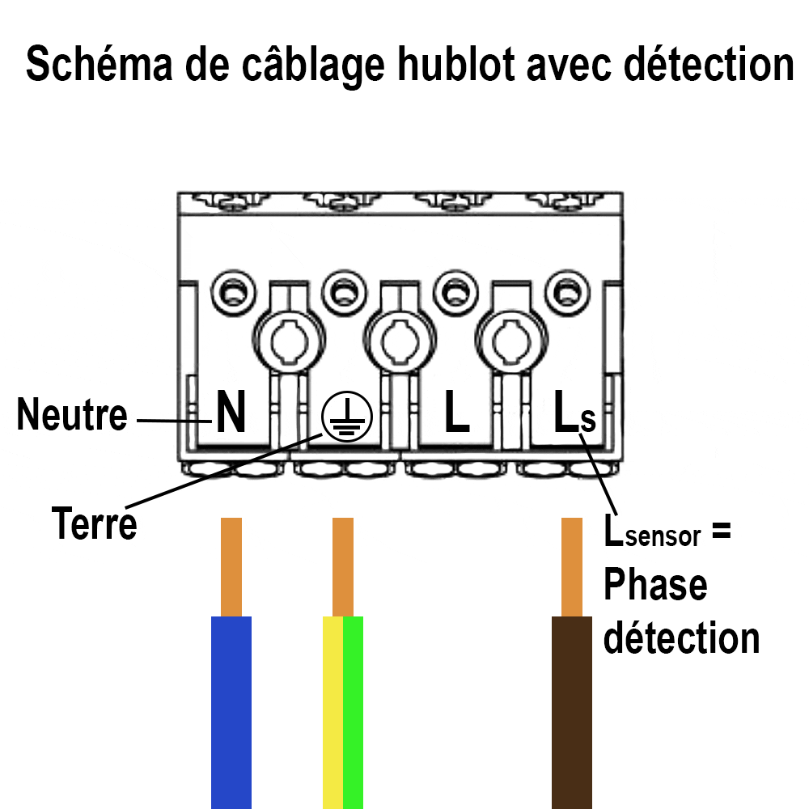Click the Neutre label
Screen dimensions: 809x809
coord(72,415)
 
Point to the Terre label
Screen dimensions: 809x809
coord(94,523)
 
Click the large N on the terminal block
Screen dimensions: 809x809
coord(230,413)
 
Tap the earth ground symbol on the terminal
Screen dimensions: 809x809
coord(347,417)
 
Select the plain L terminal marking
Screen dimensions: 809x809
coord(457,413)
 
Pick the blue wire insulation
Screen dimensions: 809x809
coord(231,712)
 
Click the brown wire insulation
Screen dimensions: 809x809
coord(572,712)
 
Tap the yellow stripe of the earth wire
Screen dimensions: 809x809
coord(332,712)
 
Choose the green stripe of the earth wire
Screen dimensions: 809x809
coord(354,712)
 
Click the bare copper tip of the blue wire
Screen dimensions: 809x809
coord(231,566)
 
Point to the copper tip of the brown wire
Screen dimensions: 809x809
coord(572,566)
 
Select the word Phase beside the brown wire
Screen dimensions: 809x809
coord(655,584)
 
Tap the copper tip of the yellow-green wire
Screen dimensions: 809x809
coord(343,566)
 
